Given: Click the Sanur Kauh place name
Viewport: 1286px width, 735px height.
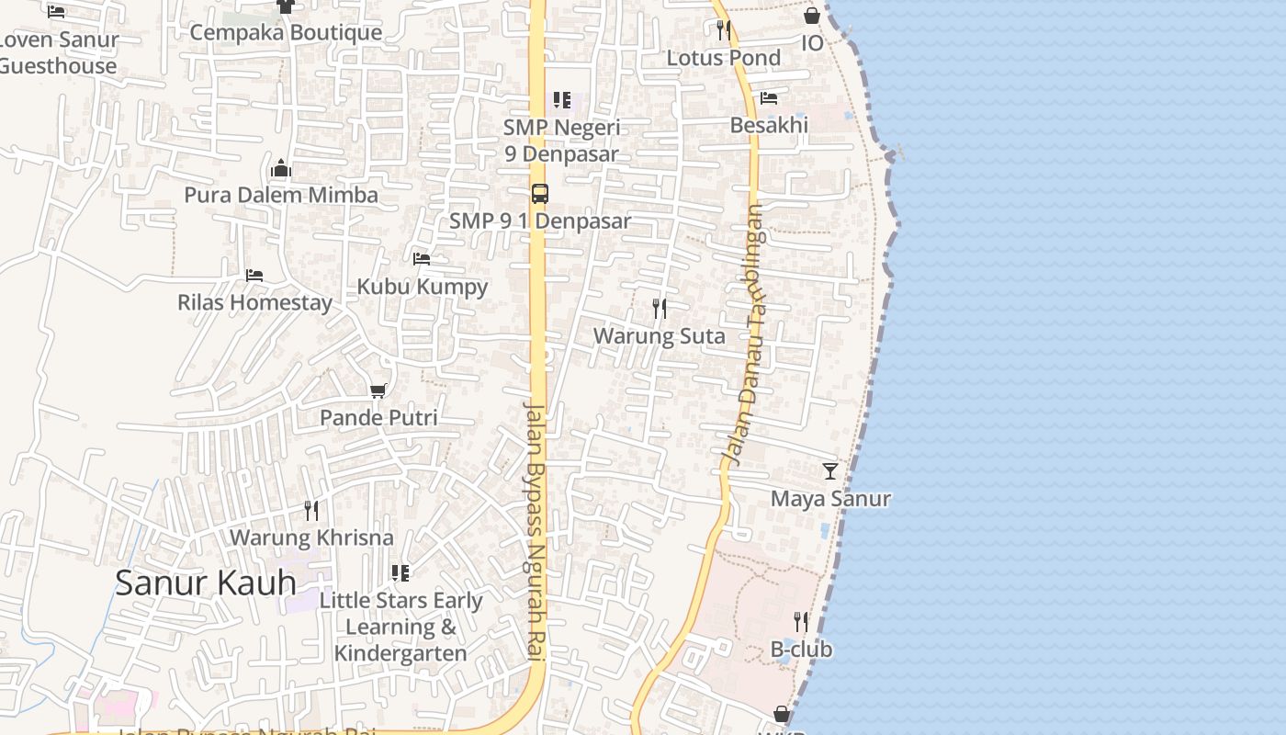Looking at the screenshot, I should tap(206, 582).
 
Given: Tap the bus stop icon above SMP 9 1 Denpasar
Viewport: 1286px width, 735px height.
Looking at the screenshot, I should tap(540, 194).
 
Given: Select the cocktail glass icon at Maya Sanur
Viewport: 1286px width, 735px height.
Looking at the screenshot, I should tap(830, 471).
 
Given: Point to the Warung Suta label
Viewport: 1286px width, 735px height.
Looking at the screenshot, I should tap(659, 336).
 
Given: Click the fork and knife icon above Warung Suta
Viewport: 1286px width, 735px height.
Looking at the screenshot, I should tap(660, 309).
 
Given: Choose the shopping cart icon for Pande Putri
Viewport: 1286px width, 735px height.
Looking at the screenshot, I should tap(378, 391).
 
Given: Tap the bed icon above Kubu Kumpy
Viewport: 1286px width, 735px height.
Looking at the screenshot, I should tap(422, 259).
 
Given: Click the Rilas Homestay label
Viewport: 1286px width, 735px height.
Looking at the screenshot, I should tap(254, 302).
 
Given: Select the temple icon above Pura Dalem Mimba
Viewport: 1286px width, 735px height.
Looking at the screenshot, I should tap(281, 168).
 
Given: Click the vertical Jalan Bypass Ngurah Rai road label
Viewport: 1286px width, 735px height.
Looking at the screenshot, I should tap(536, 528).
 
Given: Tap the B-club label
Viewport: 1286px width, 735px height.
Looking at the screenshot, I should tap(801, 650).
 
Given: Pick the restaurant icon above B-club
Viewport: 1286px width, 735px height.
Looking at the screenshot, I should tap(801, 622).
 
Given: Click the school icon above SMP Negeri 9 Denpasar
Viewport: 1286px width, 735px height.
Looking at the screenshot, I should tap(561, 99).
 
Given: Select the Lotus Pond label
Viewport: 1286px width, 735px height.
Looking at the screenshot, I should tap(723, 58).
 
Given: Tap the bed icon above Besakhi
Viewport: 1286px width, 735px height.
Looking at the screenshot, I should tap(769, 97).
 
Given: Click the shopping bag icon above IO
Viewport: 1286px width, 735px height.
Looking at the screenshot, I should tap(812, 16).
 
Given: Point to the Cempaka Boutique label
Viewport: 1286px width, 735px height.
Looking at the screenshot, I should tap(286, 33).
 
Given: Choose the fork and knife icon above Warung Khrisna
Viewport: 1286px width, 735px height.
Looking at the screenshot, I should tap(311, 511).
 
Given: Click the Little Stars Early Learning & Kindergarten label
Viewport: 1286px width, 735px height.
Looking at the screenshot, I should tap(400, 627).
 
